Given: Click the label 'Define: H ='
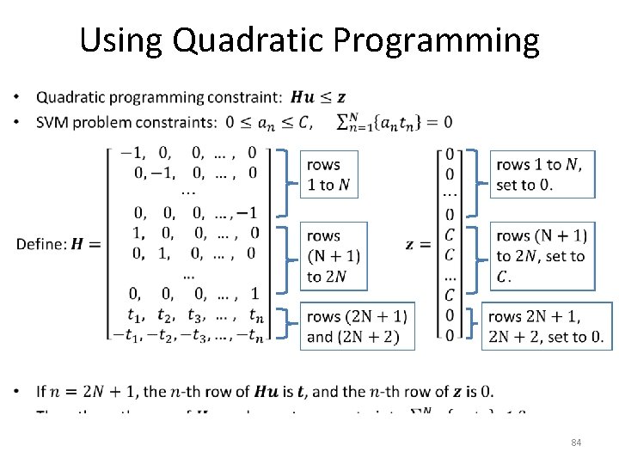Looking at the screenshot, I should [58, 244].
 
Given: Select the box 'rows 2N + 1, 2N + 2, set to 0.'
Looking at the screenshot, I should [546, 327].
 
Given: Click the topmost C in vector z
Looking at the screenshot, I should [450, 235].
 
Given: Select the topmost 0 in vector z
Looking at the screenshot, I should [450, 154].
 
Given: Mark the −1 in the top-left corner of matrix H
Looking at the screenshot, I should [132, 154].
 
